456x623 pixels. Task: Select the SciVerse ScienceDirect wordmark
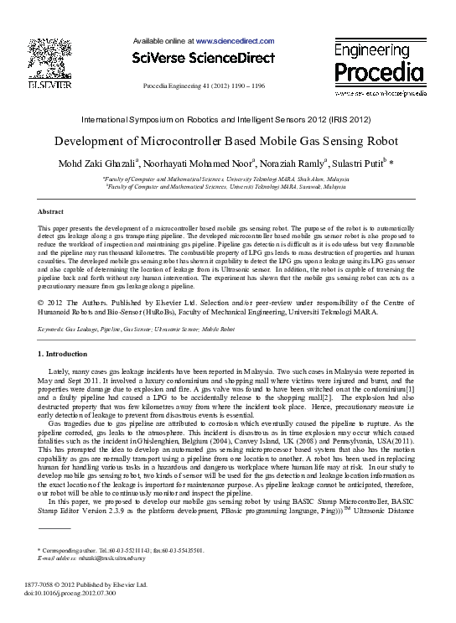204,58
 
